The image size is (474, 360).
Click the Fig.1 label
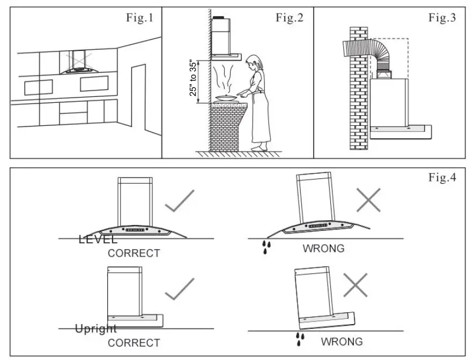[x=139, y=18]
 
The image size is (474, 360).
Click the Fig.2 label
[x=290, y=18]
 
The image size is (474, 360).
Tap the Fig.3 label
[x=442, y=18]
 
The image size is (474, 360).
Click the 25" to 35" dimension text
[x=193, y=78]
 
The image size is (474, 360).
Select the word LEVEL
[x=98, y=239]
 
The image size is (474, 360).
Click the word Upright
[x=95, y=328]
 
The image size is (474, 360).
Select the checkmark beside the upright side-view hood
[x=179, y=289]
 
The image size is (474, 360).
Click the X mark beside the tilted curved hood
[x=368, y=200]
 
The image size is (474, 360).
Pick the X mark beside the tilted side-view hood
[x=355, y=284]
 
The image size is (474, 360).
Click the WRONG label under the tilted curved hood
[x=323, y=249]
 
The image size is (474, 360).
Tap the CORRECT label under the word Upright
[x=134, y=342]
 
